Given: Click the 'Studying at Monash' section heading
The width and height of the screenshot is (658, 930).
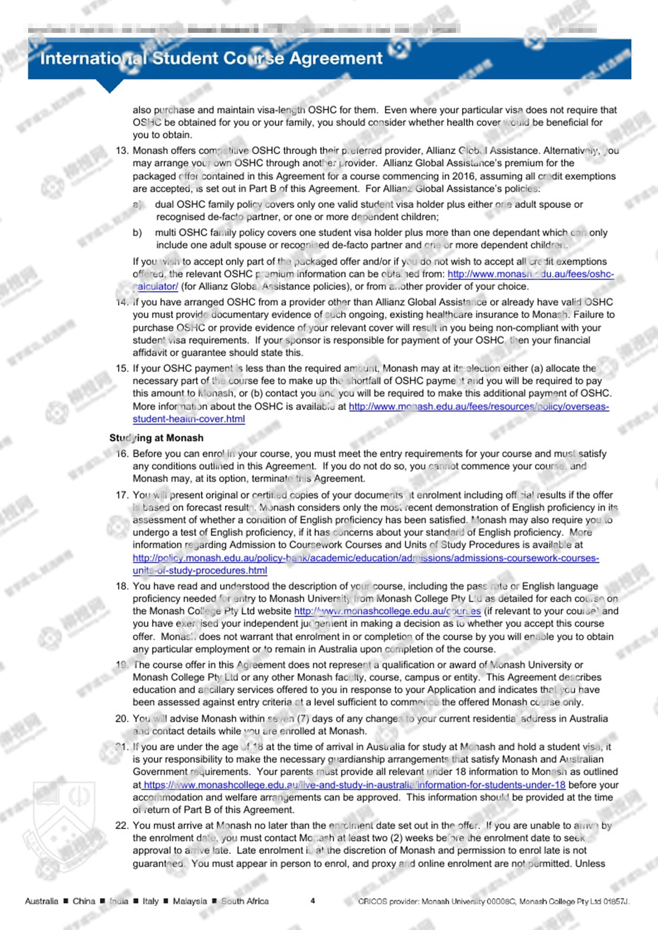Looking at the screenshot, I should pos(157,438).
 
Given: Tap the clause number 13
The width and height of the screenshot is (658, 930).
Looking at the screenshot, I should pos(122,150).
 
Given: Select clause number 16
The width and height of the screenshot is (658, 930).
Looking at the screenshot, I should pos(122,454).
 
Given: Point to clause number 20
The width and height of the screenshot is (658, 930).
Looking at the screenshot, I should pos(122,719).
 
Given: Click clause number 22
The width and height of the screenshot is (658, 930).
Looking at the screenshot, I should pos(122,825).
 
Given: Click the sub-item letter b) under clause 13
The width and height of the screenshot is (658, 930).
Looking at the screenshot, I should pos(137,232).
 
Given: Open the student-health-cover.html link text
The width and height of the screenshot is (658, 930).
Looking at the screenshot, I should pos(188,419).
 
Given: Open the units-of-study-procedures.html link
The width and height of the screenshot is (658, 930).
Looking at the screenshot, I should pos(200,570).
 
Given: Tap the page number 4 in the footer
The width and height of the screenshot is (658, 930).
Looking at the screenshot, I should pos(313,901).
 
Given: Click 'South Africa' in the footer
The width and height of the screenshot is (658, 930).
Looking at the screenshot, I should pos(245,901).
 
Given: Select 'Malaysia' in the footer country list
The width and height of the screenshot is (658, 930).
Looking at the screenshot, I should pos(190,901).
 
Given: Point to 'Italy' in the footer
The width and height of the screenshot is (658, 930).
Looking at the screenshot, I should pos(150,901).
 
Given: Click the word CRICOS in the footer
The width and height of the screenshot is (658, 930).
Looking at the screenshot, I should pos(373,901).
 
